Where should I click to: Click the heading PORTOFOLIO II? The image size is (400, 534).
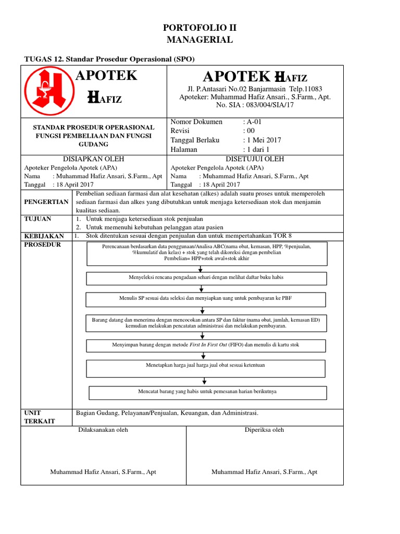(x=199, y=28)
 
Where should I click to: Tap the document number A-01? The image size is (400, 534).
(x=256, y=122)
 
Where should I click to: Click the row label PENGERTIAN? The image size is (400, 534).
(x=46, y=202)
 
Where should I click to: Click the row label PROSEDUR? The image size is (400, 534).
(x=43, y=245)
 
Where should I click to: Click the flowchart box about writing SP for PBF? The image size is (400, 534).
(x=206, y=299)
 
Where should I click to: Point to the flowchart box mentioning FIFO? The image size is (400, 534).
(x=206, y=345)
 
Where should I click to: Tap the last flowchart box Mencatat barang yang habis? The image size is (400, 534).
(x=207, y=392)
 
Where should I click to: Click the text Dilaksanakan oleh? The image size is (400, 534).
(x=103, y=430)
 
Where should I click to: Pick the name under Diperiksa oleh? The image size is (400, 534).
(x=264, y=472)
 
